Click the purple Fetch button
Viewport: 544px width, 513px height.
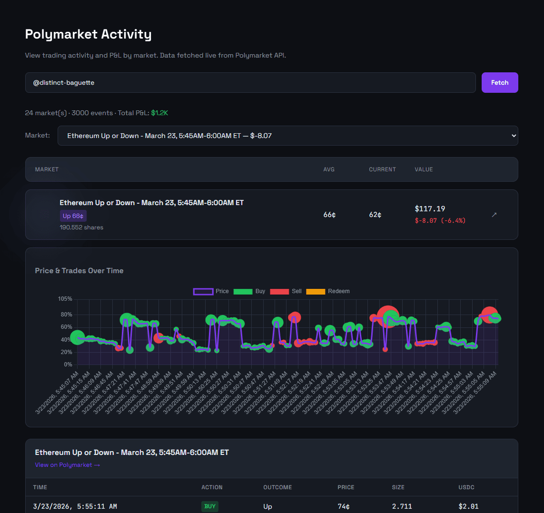click(x=499, y=82)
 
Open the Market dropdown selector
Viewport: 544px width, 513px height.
click(x=287, y=136)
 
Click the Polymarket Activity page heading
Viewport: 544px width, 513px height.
click(x=88, y=34)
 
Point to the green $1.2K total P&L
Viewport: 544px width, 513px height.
click(x=159, y=113)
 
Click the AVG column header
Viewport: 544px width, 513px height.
click(x=328, y=169)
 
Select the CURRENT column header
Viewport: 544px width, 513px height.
click(x=382, y=169)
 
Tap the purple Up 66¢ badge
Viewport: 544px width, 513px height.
click(x=73, y=216)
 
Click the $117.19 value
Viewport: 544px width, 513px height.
click(x=430, y=208)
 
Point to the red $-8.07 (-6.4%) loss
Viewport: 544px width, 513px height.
click(x=440, y=220)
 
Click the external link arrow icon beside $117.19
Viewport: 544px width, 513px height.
click(x=494, y=215)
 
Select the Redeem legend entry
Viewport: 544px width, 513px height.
click(x=328, y=291)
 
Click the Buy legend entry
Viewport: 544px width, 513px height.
click(x=249, y=291)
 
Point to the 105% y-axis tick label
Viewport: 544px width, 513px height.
click(x=65, y=299)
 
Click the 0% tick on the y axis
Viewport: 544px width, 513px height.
click(x=68, y=365)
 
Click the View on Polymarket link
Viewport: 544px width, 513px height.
click(x=67, y=465)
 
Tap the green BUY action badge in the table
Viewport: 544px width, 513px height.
click(x=209, y=506)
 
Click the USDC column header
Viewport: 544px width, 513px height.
click(x=466, y=487)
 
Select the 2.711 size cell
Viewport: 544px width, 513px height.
click(x=402, y=506)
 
